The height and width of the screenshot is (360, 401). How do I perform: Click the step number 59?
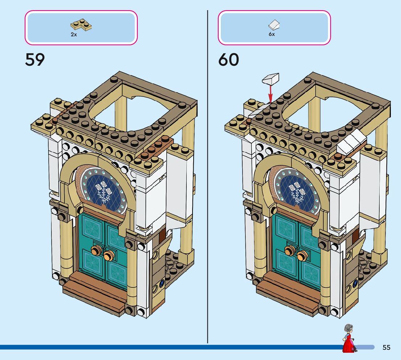[35, 60]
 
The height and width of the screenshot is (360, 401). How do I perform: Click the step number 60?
[229, 60]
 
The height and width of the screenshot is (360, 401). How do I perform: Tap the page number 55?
[386, 348]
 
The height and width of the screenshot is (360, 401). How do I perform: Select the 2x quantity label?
[74, 34]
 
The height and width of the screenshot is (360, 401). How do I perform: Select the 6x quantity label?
[272, 34]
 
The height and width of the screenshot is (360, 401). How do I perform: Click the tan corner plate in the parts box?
[80, 25]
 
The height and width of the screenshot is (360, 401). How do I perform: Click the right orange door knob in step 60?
[302, 256]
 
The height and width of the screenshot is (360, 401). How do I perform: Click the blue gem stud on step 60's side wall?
[355, 282]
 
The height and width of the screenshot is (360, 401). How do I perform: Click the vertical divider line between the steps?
[207, 181]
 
